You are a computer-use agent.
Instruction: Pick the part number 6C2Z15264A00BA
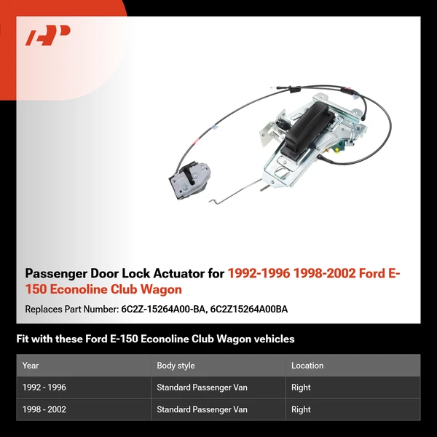coord(249,309)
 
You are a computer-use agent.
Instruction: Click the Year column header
coord(31,366)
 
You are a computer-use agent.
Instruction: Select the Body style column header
coord(176,366)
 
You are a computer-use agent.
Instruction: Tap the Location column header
coord(307,366)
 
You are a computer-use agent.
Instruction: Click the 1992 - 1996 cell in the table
coord(44,387)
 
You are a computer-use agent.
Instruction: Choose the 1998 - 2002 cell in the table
coord(44,409)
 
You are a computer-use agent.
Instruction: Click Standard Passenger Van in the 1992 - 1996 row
coord(202,387)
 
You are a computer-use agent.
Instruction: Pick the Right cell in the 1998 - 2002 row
coord(301,409)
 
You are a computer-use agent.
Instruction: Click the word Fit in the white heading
coord(23,339)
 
